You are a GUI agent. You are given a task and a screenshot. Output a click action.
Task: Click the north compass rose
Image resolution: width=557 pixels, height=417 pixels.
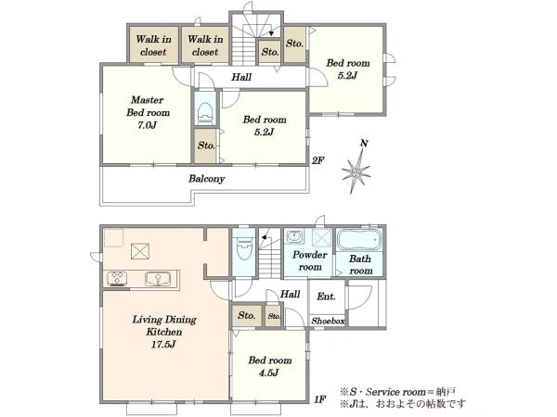356,171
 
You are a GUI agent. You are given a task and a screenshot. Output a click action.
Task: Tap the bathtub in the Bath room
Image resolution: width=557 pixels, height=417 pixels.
359,240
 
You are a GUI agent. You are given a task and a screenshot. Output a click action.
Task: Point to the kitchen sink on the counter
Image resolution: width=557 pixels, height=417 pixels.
158,278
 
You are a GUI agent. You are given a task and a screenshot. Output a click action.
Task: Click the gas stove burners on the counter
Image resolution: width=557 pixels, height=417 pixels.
117,279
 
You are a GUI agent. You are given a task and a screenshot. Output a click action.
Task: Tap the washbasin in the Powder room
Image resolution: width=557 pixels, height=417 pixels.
294,236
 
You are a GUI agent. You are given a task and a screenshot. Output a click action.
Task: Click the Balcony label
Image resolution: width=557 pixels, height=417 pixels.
206,178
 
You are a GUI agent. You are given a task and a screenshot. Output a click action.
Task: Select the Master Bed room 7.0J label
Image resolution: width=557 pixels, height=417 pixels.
148,112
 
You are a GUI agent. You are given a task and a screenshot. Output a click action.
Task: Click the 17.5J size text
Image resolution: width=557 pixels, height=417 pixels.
163,344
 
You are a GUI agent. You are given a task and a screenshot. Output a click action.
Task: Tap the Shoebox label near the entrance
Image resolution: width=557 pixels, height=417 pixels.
328,322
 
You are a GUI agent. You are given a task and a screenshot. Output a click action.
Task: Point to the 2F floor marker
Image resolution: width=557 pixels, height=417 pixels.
317,160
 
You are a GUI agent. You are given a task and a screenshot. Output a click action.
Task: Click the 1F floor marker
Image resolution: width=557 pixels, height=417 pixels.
319,399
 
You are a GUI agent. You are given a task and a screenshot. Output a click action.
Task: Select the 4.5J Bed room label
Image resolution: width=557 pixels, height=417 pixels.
269,367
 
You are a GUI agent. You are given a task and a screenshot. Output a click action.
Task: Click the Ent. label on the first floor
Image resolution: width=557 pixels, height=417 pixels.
326,297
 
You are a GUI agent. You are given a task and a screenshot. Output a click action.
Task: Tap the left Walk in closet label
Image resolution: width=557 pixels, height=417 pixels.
153,45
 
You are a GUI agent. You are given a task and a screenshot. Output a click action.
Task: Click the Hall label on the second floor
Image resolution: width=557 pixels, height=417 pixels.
241,77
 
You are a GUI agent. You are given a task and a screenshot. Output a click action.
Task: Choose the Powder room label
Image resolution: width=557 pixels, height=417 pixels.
310,260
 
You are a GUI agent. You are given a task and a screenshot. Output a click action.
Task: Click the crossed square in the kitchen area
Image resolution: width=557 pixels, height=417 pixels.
140,251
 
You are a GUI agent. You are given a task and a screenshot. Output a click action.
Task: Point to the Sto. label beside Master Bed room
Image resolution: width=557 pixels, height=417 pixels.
206,145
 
